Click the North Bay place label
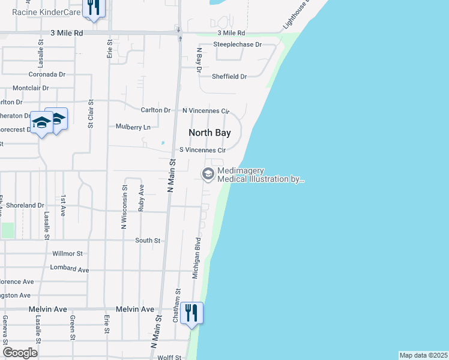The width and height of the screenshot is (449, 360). coord(209,133)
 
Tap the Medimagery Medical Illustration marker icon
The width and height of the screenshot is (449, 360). coord(208,175)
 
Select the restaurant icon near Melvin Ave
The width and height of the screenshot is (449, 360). coord(192,313)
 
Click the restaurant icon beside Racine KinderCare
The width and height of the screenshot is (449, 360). coord(92,7)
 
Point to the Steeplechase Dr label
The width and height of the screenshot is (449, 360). coord(238,44)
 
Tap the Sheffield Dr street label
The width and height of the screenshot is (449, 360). coord(229,77)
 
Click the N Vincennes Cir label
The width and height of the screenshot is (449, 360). coord(206,111)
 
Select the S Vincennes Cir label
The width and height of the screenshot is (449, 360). coord(203,150)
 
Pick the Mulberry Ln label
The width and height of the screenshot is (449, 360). coord(133,127)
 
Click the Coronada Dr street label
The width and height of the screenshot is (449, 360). coord(47,74)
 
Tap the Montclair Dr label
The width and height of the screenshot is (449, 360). coord(31,88)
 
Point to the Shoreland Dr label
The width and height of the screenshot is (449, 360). coord(25,205)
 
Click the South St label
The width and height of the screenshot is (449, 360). coord(148,241)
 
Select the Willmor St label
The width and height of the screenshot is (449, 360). coord(67,254)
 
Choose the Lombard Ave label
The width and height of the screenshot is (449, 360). coord(70,268)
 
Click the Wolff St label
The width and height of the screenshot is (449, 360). coord(169,358)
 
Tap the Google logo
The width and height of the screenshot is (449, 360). coord(20,353)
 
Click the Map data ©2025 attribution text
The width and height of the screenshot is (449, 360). coord(424,355)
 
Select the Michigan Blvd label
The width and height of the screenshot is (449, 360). coord(196,258)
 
